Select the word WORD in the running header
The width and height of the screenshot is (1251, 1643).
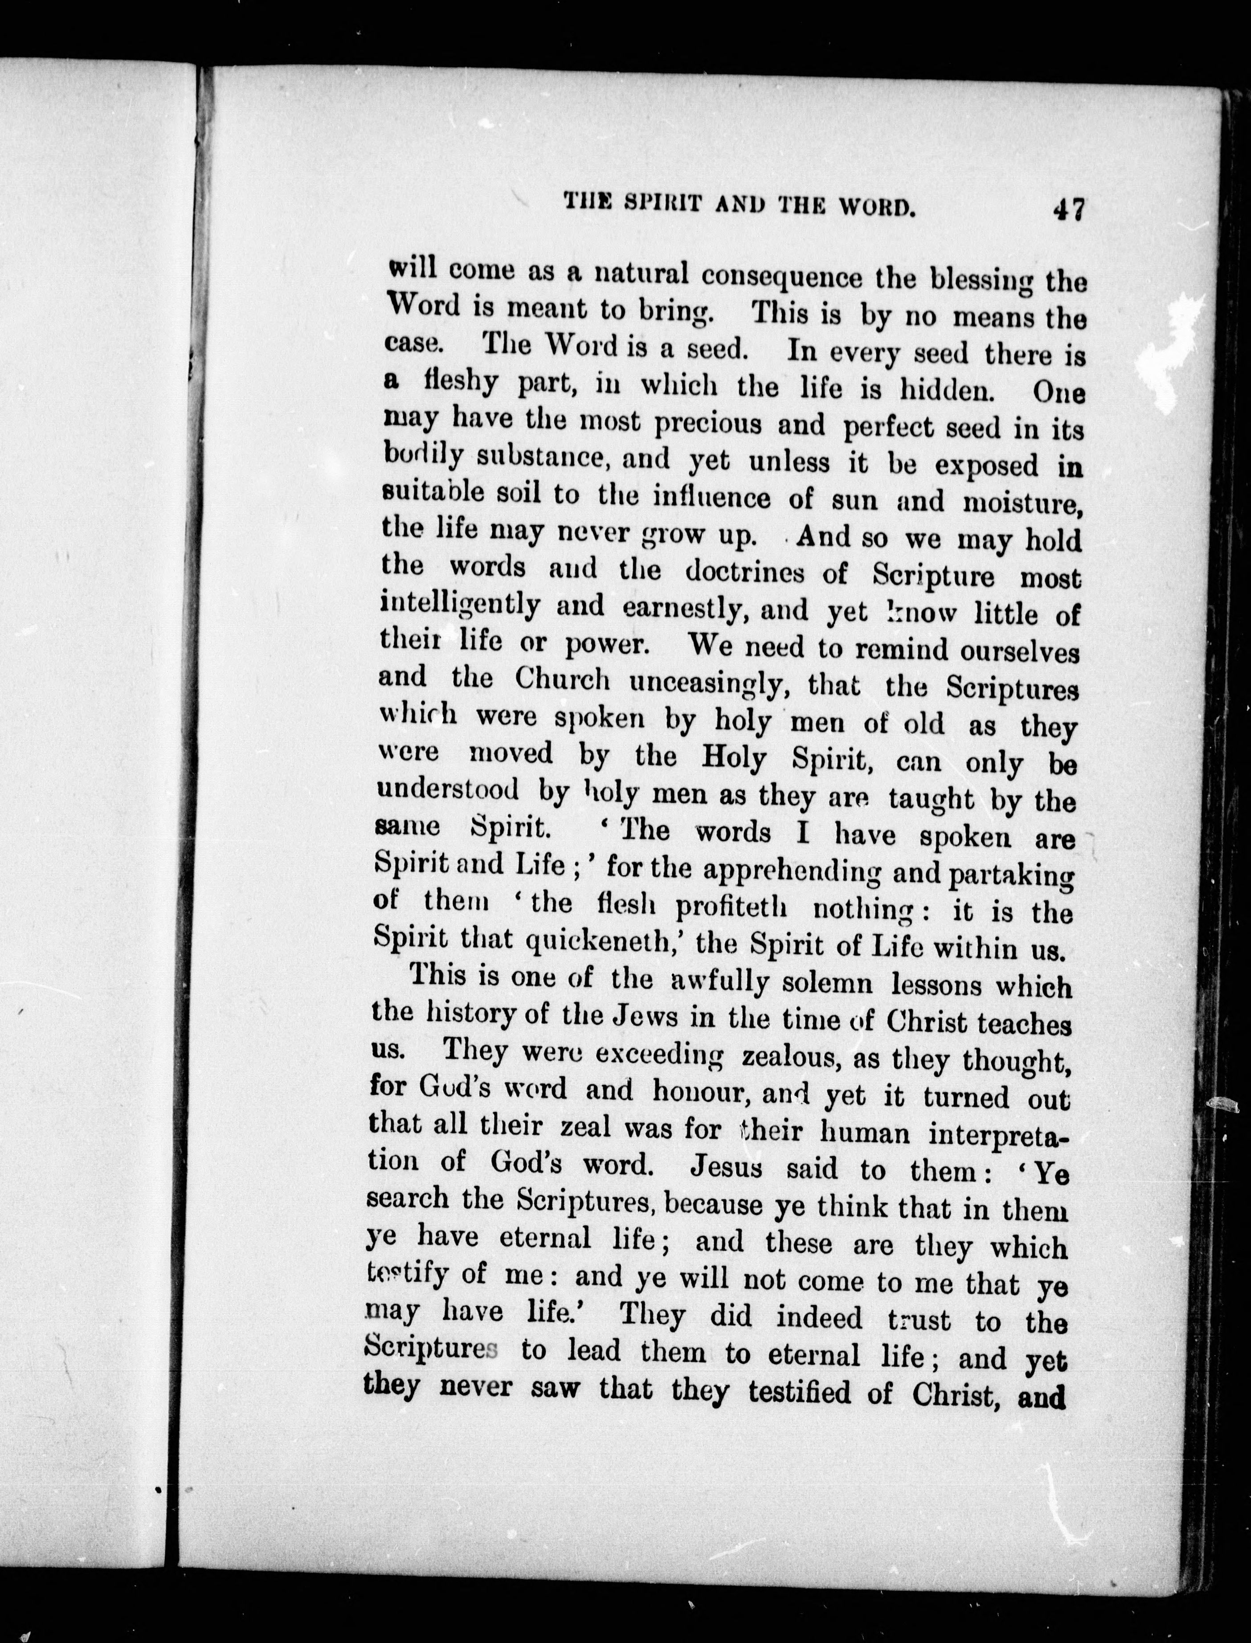[x=866, y=206]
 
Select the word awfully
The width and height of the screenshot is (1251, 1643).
[x=720, y=983]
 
